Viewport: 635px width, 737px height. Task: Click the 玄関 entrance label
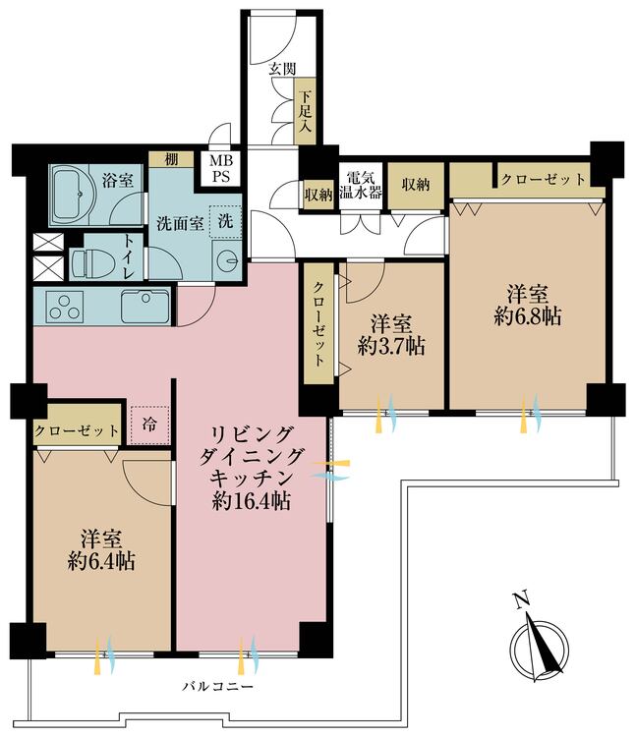coord(282,69)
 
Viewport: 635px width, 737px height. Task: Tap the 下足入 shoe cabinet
coord(305,111)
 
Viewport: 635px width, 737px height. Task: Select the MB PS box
coord(220,168)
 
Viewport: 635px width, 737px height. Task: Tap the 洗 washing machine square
coord(226,221)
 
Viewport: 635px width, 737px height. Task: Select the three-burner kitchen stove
coord(65,307)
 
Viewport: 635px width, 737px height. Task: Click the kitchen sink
coord(145,307)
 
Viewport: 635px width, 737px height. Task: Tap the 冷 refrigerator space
coord(150,425)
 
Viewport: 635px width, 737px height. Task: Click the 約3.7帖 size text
coord(391,347)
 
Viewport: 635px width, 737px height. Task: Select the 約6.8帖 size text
coord(528,316)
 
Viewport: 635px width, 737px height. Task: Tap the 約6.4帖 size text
coord(101,561)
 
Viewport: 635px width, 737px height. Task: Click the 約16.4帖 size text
coord(251,501)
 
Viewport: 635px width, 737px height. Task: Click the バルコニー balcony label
coord(217,687)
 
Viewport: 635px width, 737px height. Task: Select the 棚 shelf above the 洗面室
coord(171,159)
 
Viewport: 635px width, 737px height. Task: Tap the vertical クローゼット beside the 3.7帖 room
coord(318,324)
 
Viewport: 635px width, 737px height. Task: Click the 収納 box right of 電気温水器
coord(416,185)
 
